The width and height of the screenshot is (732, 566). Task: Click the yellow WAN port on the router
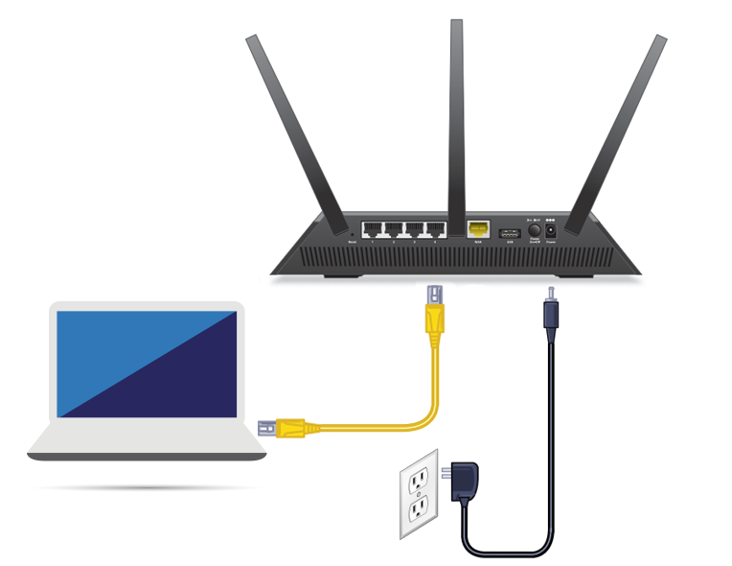pyautogui.click(x=478, y=229)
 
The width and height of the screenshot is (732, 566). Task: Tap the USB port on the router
pyautogui.click(x=505, y=231)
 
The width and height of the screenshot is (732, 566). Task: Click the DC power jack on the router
pyautogui.click(x=551, y=231)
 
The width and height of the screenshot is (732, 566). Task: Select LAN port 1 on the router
pyautogui.click(x=373, y=229)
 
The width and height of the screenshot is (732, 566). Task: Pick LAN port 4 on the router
pyautogui.click(x=435, y=229)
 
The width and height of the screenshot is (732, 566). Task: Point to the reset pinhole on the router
pyautogui.click(x=353, y=233)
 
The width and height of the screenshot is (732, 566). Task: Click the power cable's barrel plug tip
pyautogui.click(x=549, y=293)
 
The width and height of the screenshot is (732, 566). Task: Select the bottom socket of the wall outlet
pyautogui.click(x=418, y=508)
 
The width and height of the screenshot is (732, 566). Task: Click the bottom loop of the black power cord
pyautogui.click(x=508, y=551)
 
